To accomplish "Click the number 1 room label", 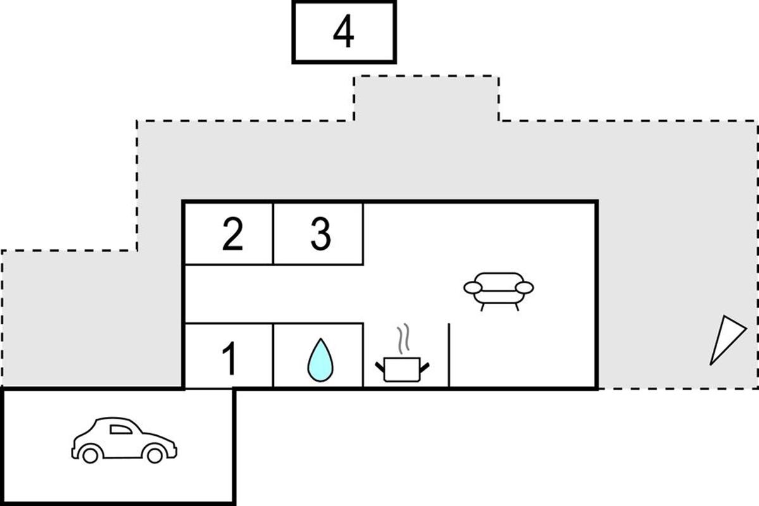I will [x=230, y=359].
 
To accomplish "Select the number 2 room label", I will [x=232, y=235].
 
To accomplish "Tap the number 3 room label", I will [x=320, y=235].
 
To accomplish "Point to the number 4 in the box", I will [x=343, y=33].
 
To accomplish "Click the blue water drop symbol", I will [x=319, y=361].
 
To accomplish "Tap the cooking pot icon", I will [x=402, y=369].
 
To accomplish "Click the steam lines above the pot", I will [x=403, y=340].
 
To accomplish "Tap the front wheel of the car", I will [x=155, y=454].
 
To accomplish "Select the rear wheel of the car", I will [x=90, y=454].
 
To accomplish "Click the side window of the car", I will [x=121, y=429].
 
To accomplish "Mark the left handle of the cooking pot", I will [x=380, y=366].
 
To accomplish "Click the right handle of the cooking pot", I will [x=424, y=366].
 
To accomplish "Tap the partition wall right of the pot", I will [x=448, y=354].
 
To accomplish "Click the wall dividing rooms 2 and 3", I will [x=273, y=233].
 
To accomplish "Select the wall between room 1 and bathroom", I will [x=273, y=355].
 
